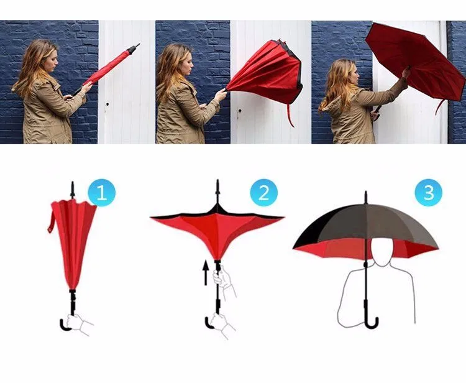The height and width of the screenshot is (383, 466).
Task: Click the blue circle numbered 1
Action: tap(102, 192)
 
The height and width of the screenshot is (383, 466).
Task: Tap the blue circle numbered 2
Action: tap(263, 192)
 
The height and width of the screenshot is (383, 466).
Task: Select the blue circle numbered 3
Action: tap(429, 192)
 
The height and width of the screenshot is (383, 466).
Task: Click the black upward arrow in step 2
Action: tap(206, 273)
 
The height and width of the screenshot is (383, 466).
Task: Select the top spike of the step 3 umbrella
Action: tap(366, 198)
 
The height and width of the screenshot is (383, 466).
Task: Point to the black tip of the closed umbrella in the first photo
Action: tap(132, 48)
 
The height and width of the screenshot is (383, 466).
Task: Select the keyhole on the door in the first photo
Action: tap(107, 104)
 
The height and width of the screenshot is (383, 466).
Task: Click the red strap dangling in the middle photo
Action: tap(290, 115)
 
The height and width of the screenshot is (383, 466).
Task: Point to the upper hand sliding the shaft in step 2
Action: tap(221, 276)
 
